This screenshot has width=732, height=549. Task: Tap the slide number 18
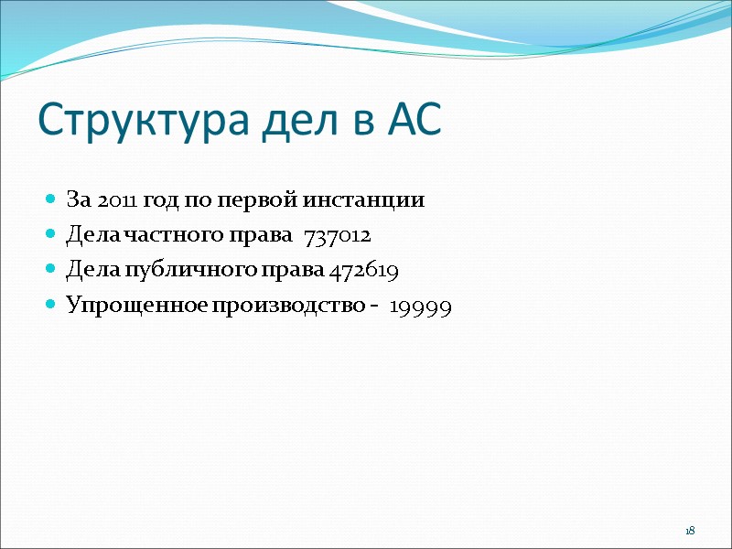[691, 532]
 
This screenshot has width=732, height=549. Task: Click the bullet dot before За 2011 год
[50, 199]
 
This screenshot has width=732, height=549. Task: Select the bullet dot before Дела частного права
[50, 235]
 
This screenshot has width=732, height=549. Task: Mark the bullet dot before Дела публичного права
[50, 271]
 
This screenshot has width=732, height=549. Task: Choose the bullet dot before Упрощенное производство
[50, 307]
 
